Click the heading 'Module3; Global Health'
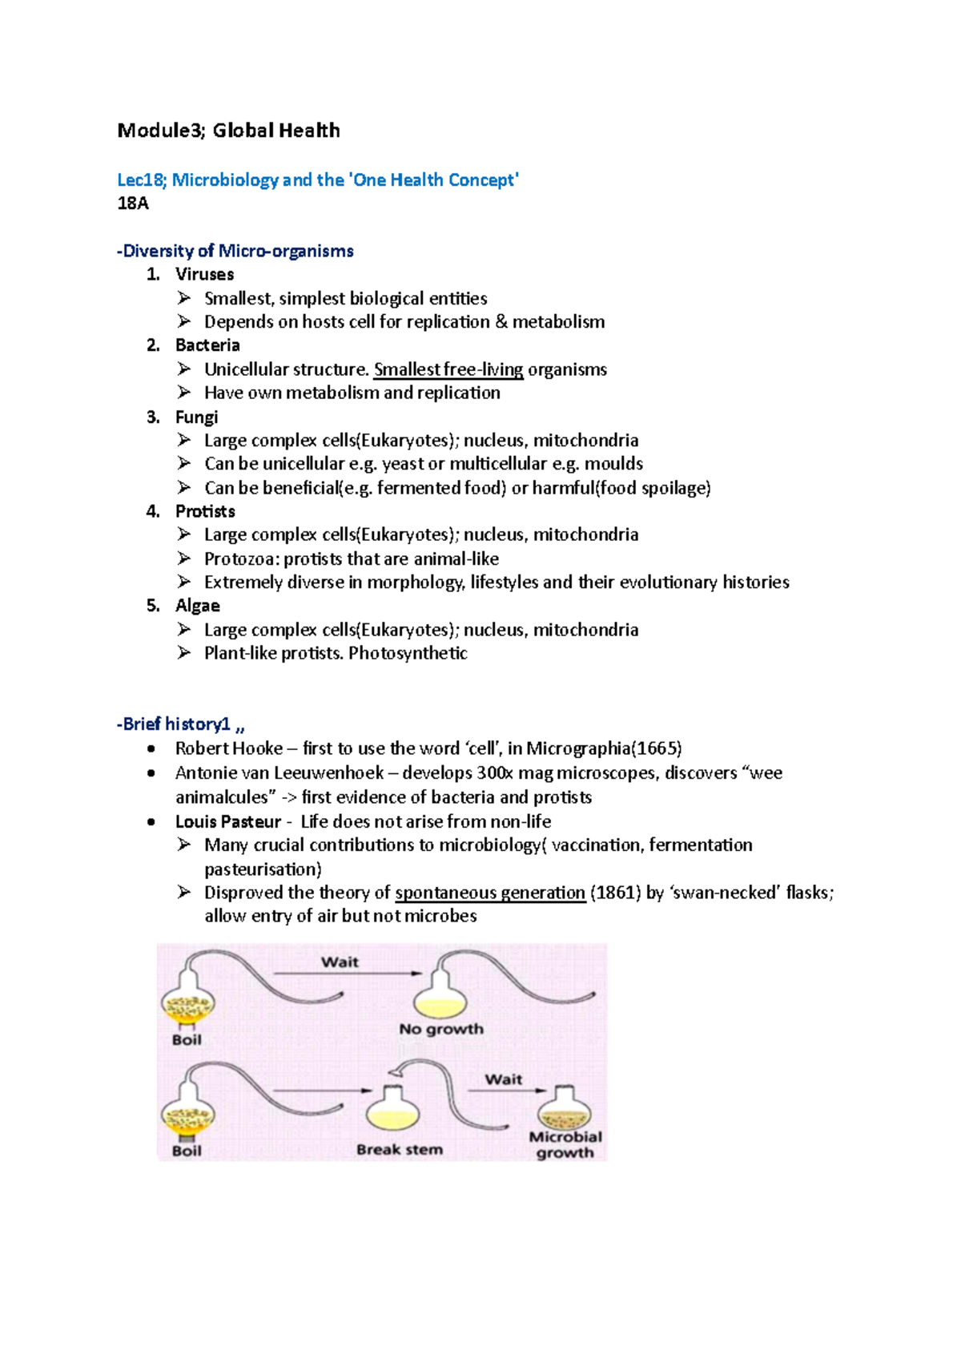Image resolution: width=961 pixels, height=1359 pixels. pos(228,131)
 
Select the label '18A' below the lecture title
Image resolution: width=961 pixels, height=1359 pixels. pos(133,204)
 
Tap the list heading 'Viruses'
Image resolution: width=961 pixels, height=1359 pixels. pos(204,274)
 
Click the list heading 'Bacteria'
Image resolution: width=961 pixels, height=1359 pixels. pos(207,345)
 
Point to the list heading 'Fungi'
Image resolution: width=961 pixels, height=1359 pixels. pos(196,417)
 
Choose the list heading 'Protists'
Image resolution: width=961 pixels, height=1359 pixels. pos(205,511)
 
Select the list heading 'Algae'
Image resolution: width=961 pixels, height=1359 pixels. pos(197,606)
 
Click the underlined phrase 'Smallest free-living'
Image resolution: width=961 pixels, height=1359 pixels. pos(448,369)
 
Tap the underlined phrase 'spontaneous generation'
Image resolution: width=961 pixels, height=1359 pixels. pos(490,893)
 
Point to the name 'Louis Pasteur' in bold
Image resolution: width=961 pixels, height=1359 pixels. pos(228,821)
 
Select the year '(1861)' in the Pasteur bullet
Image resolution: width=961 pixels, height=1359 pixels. pos(615,893)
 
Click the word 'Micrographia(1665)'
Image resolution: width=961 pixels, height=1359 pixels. pos(604,748)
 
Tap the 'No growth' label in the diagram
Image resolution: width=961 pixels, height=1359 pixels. pos(441,1029)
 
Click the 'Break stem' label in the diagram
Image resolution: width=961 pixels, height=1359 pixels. pos(400,1150)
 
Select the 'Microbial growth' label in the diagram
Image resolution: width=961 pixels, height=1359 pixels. pos(565,1144)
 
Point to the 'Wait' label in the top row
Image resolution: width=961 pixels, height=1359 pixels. pos(340,962)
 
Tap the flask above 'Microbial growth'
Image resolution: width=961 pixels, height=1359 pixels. pos(565,1109)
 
